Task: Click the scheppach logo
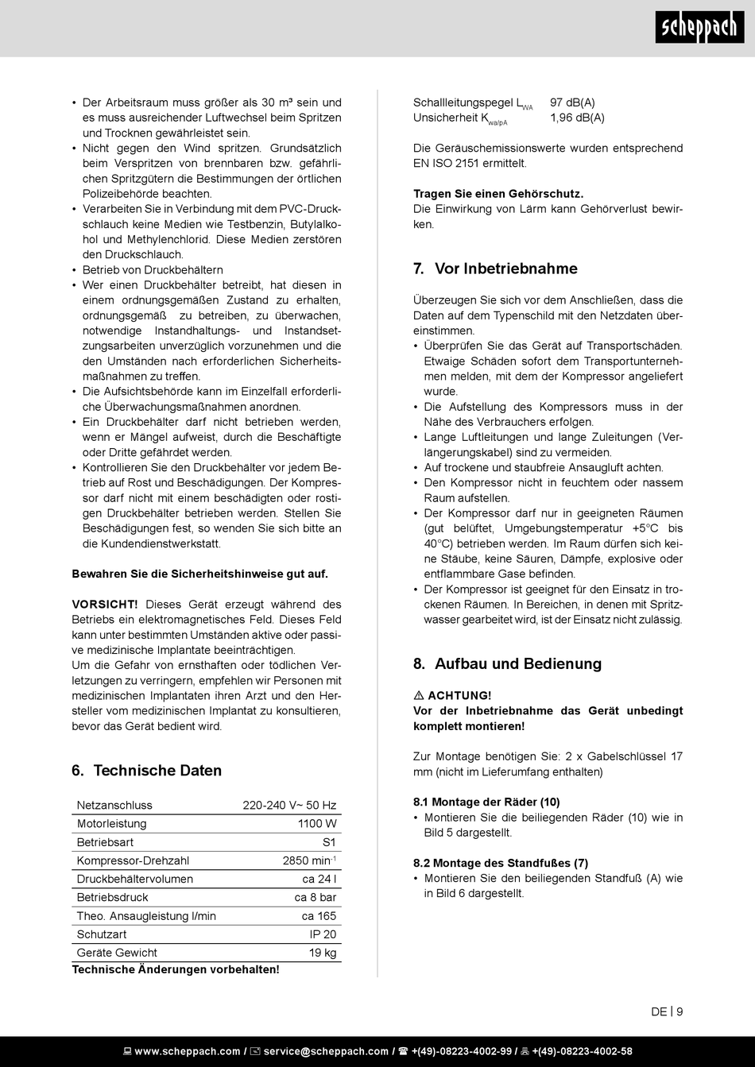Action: (x=700, y=28)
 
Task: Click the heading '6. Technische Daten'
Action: (x=147, y=770)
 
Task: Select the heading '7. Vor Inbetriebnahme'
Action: (x=495, y=269)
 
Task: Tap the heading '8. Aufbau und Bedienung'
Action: (x=507, y=663)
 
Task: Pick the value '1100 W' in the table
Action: (x=317, y=824)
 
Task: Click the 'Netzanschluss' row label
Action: (x=114, y=805)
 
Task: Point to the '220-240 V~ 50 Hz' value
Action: (x=289, y=805)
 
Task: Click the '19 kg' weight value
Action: (x=323, y=953)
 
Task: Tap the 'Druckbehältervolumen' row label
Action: (x=135, y=879)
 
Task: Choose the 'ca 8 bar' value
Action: (x=316, y=897)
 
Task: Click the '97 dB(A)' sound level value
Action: (x=572, y=102)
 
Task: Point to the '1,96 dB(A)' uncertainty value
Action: (x=577, y=118)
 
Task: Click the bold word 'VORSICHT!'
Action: (x=105, y=605)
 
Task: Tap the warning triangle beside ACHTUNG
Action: (x=419, y=696)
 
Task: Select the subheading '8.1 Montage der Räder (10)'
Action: (x=486, y=802)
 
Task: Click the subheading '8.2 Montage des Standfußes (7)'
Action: (x=501, y=863)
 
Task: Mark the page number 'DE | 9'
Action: (x=667, y=1011)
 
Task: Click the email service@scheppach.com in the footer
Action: (x=326, y=1051)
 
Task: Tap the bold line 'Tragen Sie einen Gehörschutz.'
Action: (x=498, y=194)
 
